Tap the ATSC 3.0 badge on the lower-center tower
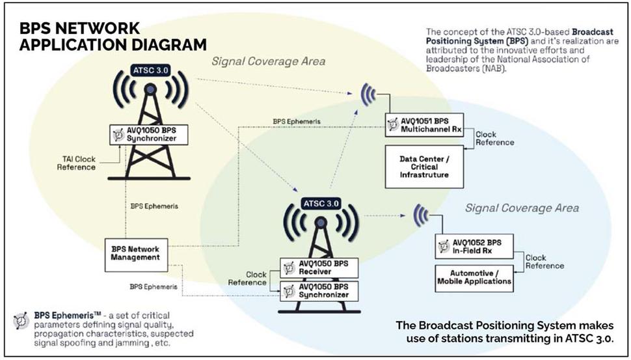319,203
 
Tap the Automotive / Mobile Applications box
473,277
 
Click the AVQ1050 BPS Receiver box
319,266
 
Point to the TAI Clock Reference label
76,162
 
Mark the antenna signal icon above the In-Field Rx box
421,215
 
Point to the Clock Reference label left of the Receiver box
247,278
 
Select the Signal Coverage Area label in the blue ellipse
522,208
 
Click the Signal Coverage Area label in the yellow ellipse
268,62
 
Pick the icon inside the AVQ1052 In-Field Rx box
444,246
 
